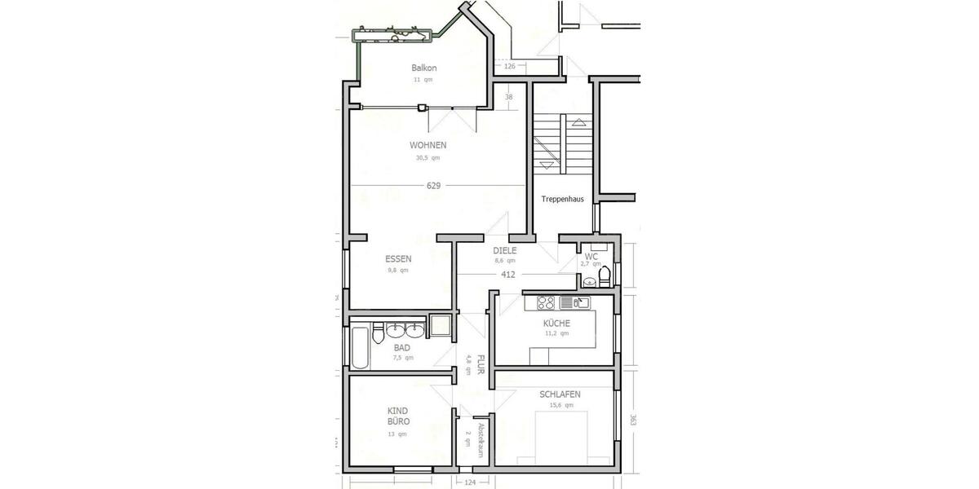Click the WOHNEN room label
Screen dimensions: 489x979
pyautogui.click(x=427, y=146)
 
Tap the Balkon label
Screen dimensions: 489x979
pyautogui.click(x=424, y=68)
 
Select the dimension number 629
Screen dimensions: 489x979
pyautogui.click(x=433, y=186)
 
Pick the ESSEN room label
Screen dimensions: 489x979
pyautogui.click(x=398, y=259)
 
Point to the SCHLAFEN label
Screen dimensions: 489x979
pyautogui.click(x=560, y=394)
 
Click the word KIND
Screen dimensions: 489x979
pyautogui.click(x=398, y=411)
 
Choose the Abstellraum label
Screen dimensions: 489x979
pyautogui.click(x=481, y=441)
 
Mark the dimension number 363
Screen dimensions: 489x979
pyautogui.click(x=632, y=421)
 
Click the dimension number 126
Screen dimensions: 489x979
pyautogui.click(x=511, y=67)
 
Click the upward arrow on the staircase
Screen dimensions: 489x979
pyautogui.click(x=579, y=123)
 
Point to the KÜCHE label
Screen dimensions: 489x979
pyautogui.click(x=556, y=323)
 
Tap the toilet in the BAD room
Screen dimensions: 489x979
pyautogui.click(x=378, y=334)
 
